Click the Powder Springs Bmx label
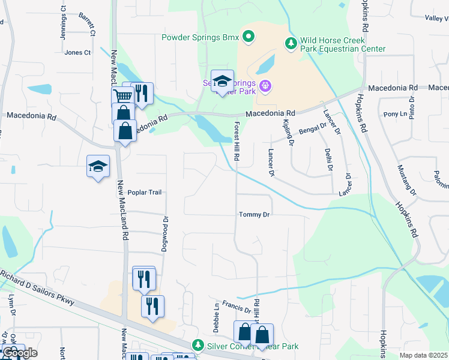coord(200,37)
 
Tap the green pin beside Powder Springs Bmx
coord(249,37)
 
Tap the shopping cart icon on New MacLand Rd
coord(122,96)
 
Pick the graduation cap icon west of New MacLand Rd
coord(98,167)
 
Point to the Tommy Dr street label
coord(255,214)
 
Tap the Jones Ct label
coord(77,53)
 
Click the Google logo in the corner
coord(19,352)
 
